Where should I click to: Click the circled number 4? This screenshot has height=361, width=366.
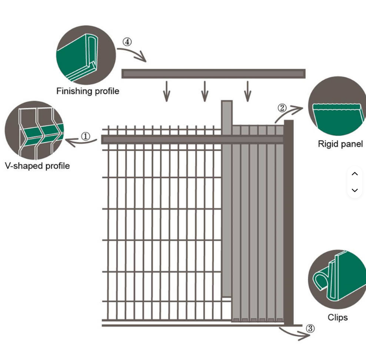click(127, 42)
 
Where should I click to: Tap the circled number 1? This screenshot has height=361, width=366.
click(86, 137)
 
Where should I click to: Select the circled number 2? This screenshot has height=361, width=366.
click(282, 108)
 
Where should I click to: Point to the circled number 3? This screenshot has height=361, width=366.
click(310, 329)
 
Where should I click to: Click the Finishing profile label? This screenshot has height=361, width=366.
click(88, 91)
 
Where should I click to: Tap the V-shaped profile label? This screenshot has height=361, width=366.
click(37, 166)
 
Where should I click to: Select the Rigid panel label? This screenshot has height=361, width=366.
click(340, 144)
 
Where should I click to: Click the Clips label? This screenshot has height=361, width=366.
click(337, 317)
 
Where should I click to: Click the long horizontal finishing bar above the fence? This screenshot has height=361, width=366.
click(213, 74)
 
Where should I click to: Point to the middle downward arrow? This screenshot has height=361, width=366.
click(205, 91)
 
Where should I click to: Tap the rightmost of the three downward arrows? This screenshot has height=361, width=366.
click(247, 91)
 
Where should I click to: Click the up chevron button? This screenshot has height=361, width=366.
click(355, 174)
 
